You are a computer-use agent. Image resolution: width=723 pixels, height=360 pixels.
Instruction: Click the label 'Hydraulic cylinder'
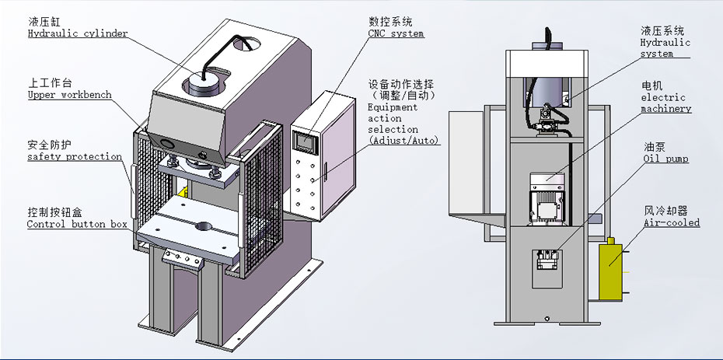point(78,34)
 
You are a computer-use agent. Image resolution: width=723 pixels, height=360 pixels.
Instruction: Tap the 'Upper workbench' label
point(69,95)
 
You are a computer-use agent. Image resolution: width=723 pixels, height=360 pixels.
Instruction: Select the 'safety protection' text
point(75,156)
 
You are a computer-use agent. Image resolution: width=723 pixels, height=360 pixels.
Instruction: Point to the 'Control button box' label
point(77,224)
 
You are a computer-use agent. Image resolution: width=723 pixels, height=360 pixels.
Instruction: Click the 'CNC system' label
point(396,33)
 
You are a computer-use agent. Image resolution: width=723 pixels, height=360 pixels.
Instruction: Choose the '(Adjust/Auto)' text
point(404,141)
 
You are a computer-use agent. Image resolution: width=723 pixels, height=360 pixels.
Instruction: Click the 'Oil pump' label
point(665,159)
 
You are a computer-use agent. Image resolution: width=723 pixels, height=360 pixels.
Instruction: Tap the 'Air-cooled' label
point(672,222)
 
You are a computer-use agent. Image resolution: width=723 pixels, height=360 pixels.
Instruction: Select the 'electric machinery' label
point(665,103)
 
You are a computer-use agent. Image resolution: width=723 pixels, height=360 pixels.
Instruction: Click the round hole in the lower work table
point(203,228)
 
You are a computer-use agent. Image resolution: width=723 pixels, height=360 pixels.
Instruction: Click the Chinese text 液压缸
point(44,22)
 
